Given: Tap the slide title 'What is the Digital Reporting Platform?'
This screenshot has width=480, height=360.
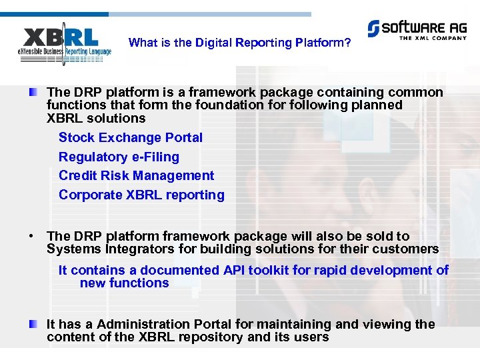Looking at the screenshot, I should (x=239, y=43).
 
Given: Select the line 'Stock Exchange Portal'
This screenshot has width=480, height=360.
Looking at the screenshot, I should (x=131, y=138).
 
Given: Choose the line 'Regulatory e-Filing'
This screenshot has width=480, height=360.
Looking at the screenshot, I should (x=119, y=157).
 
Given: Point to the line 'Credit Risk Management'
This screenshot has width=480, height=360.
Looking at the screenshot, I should (x=136, y=176).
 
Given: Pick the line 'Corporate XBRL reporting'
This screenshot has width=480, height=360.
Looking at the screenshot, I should (x=141, y=195).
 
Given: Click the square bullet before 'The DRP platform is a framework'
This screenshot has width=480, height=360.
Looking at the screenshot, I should (x=33, y=92).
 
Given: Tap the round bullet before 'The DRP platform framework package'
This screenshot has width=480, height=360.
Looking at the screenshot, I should (x=32, y=236).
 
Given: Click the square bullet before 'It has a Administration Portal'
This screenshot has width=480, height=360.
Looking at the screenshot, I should (x=33, y=324).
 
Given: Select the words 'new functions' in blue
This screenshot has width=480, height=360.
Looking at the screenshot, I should (x=124, y=283).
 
